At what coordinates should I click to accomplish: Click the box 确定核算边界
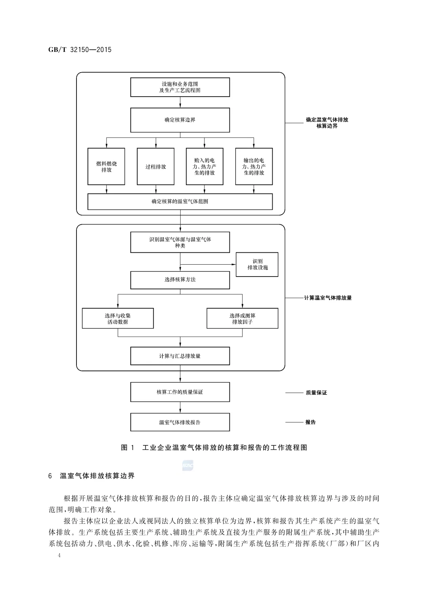tap(180, 120)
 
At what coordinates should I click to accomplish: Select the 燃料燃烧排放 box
tap(106, 166)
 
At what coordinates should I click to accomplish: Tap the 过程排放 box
tap(156, 166)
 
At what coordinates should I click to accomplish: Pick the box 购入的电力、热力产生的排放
tap(204, 166)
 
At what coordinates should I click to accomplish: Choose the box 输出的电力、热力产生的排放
tap(254, 166)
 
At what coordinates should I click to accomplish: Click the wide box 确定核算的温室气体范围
tap(180, 202)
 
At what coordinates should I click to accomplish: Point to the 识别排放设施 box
tap(257, 264)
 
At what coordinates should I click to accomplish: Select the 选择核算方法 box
tap(180, 280)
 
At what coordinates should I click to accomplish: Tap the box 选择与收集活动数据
tap(118, 319)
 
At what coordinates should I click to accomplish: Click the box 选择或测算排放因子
tap(243, 319)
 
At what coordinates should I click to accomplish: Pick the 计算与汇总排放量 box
tap(180, 356)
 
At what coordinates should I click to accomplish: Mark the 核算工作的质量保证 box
tap(180, 392)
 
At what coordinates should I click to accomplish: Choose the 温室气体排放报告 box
tap(180, 422)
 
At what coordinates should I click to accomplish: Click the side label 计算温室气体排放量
tap(328, 298)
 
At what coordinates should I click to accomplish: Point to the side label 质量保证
tap(316, 393)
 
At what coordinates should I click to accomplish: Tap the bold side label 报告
tap(310, 422)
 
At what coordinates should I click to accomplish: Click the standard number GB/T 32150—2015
tap(80, 50)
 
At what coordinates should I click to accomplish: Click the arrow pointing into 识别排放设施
tap(208, 264)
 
